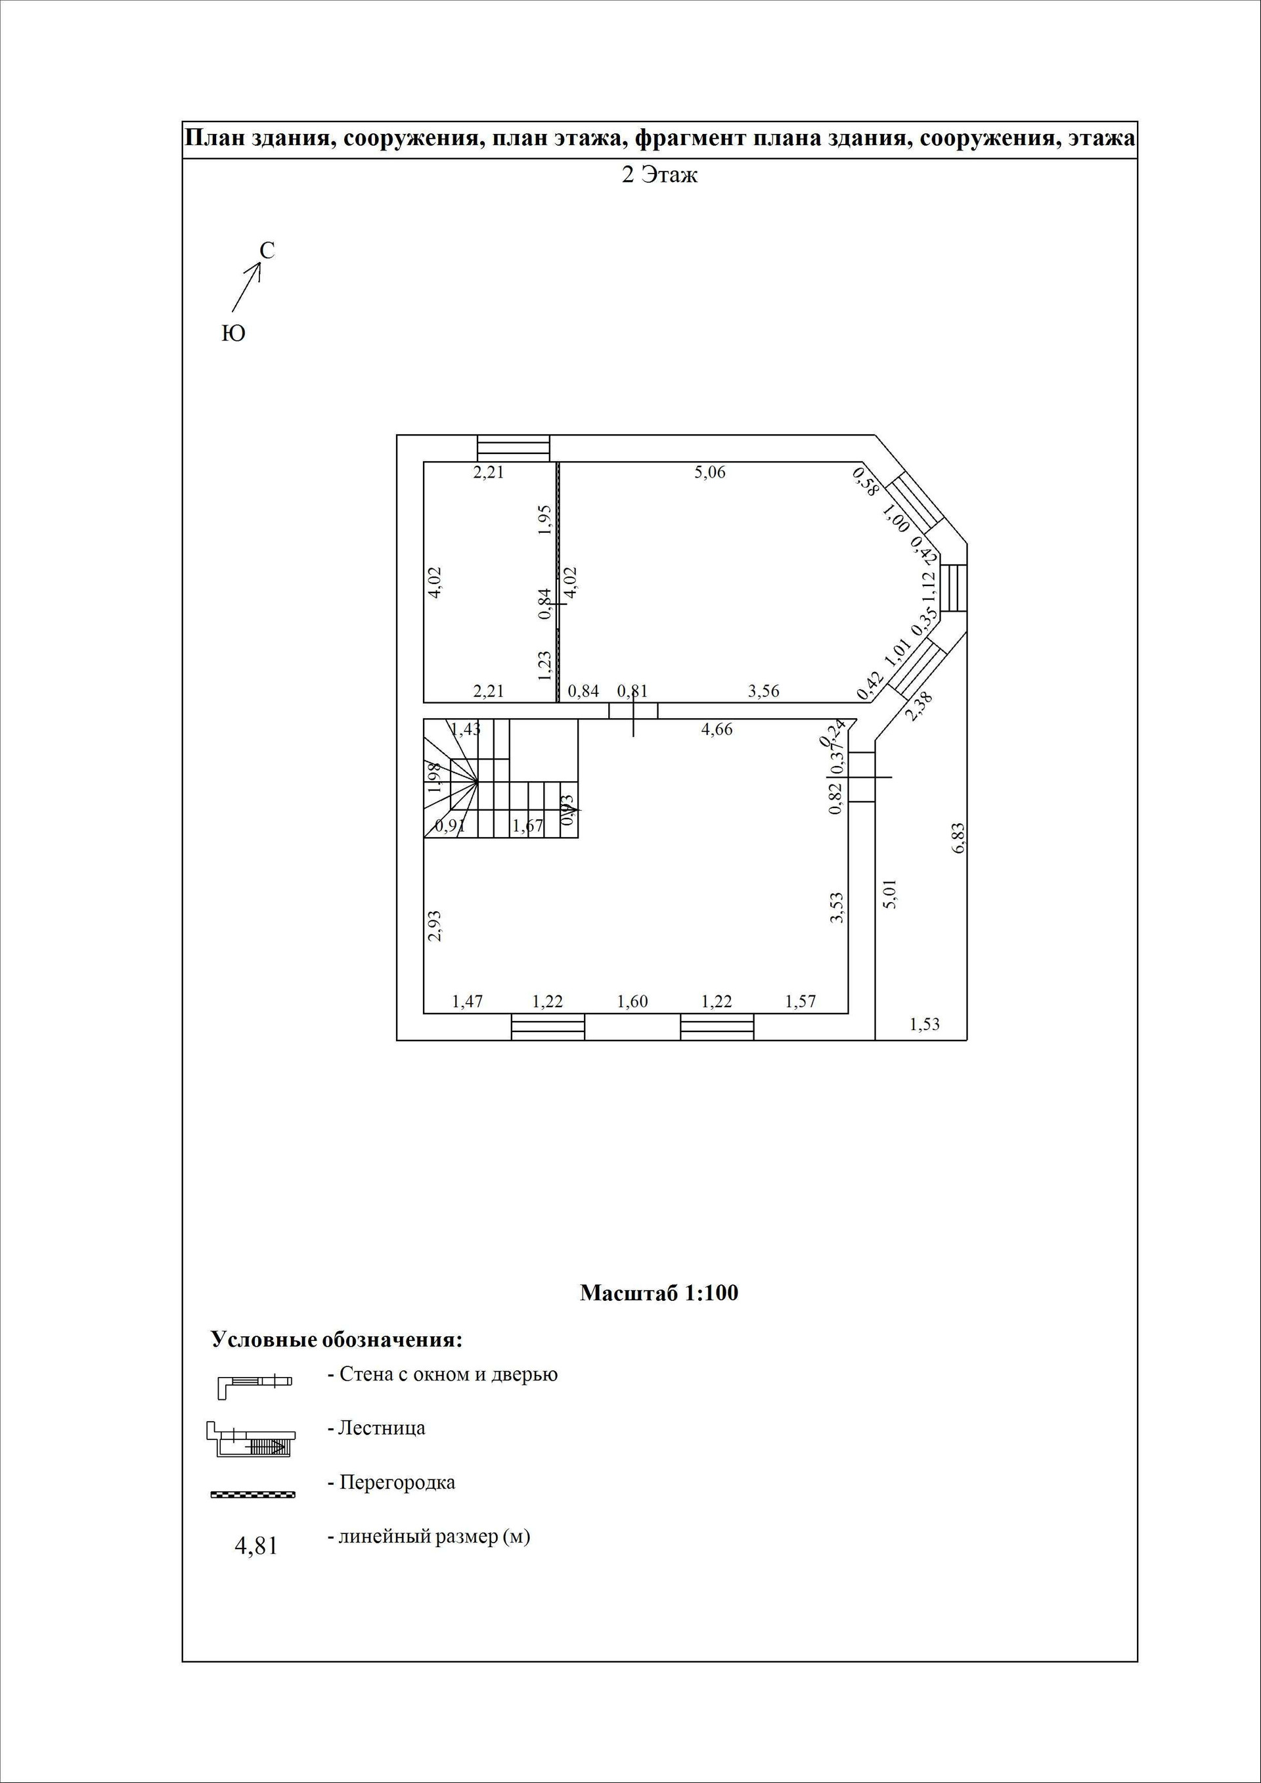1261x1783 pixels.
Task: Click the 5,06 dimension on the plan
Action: [710, 472]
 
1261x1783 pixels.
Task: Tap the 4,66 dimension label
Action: [716, 729]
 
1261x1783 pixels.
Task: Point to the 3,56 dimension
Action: [763, 691]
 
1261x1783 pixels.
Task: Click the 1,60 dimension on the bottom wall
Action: [632, 1002]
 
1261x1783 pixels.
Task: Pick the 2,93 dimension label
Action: [435, 926]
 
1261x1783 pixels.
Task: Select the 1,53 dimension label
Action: [924, 1024]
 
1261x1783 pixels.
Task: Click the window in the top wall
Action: [513, 448]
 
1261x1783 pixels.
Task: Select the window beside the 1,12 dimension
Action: [954, 588]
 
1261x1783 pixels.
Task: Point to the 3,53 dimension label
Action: [836, 907]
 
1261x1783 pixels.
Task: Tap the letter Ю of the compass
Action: [233, 334]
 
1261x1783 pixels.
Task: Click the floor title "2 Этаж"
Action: [659, 175]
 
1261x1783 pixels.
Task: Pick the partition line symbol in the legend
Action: [253, 1494]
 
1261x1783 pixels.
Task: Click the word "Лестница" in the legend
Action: [381, 1428]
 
